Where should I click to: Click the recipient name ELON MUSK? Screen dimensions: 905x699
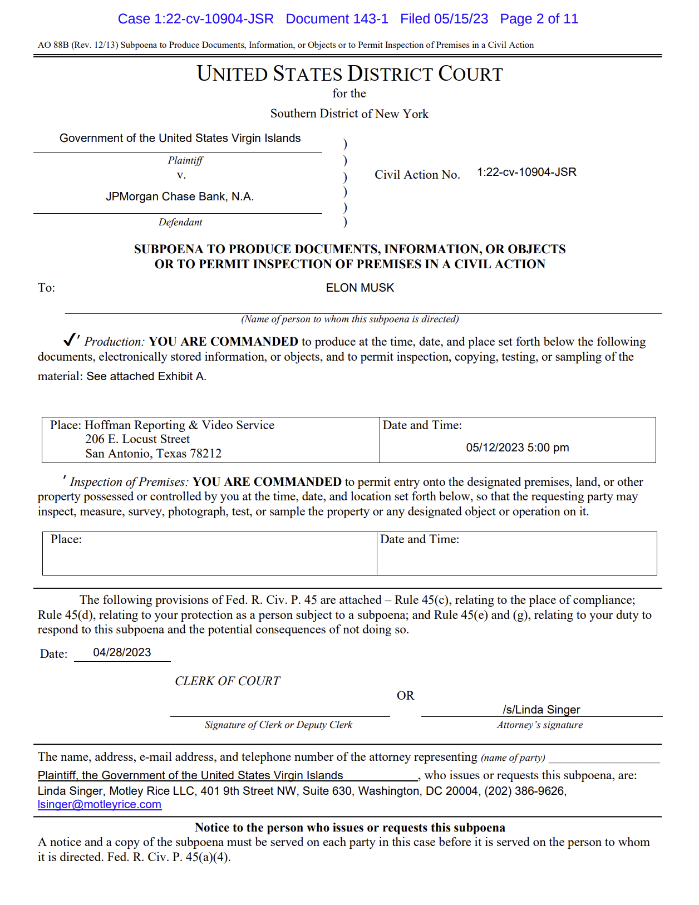[x=360, y=288]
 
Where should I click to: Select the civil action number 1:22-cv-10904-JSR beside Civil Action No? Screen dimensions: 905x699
[x=526, y=172]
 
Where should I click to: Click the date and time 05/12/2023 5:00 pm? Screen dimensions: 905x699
[x=517, y=447]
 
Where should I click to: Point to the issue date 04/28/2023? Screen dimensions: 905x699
[x=122, y=652]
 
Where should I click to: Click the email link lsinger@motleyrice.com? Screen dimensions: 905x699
[x=100, y=804]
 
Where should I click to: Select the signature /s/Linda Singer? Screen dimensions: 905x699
[x=541, y=710]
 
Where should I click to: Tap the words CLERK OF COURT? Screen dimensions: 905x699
[x=227, y=681]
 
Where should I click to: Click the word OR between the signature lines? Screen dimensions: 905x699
[x=405, y=696]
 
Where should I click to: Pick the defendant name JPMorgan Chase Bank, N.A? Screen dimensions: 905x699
[x=180, y=196]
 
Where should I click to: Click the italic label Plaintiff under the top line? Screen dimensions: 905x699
[x=185, y=160]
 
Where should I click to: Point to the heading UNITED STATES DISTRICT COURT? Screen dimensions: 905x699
[x=349, y=74]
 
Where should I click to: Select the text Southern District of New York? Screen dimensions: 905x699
[x=349, y=114]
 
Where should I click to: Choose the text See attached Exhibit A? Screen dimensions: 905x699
[x=146, y=376]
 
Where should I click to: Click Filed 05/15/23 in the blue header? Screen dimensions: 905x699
[x=444, y=19]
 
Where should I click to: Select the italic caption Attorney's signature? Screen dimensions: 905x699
[x=540, y=725]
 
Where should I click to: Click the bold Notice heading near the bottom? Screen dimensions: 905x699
[x=349, y=828]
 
